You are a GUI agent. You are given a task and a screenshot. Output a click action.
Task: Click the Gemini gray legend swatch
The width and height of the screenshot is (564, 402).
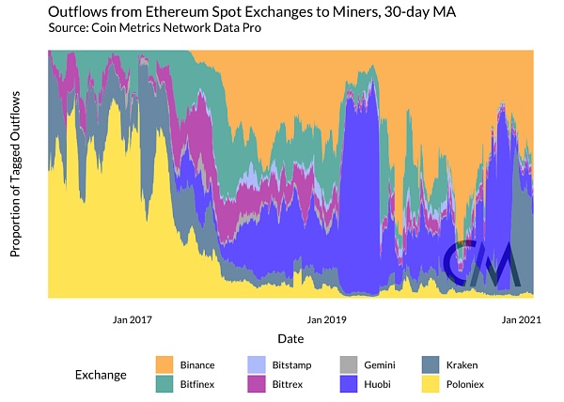click(348, 364)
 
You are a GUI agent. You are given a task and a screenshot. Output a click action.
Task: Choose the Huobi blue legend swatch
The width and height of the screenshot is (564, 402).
click(348, 384)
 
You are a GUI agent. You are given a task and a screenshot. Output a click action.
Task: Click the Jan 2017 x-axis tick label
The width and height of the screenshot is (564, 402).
click(132, 320)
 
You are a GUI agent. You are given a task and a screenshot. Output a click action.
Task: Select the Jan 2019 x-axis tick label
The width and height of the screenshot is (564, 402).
click(326, 320)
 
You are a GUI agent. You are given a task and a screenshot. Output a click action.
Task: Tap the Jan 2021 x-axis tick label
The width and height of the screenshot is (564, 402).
click(521, 320)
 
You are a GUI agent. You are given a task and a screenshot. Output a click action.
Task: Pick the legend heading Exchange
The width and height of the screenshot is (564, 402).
click(101, 375)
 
